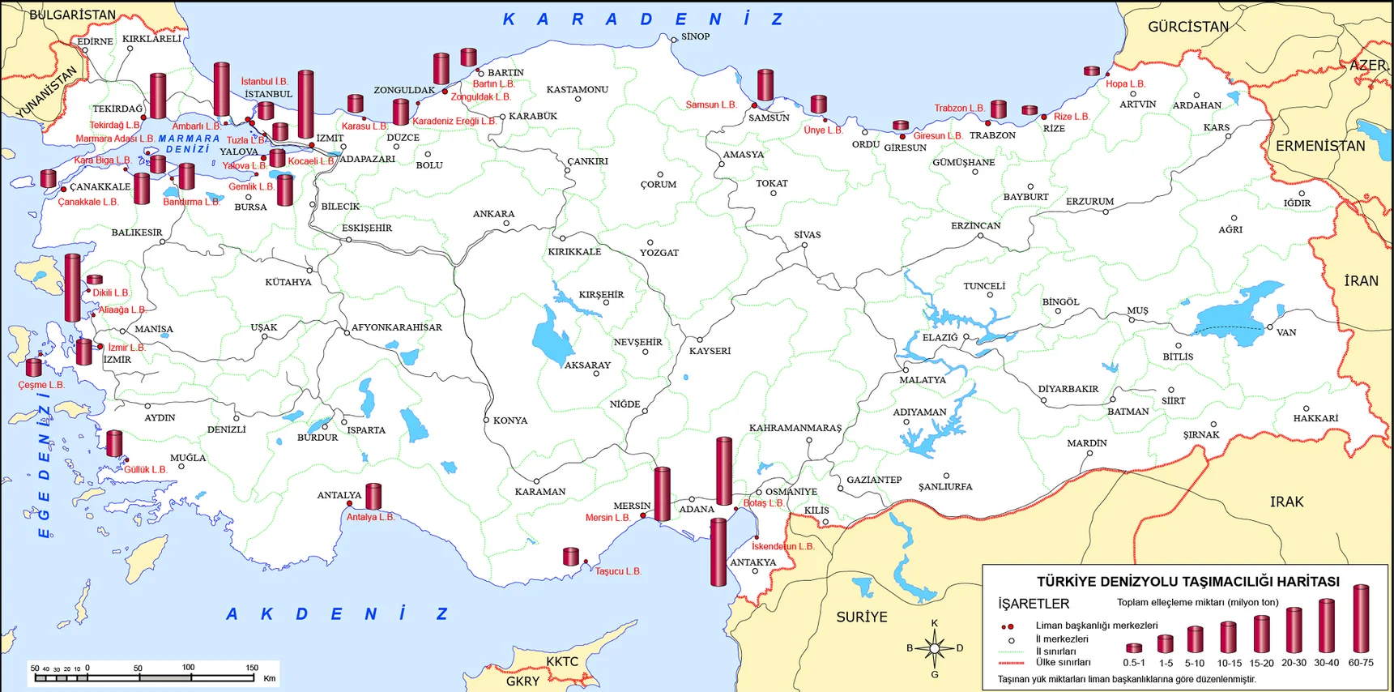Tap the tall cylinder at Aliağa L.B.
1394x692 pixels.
click(73, 288)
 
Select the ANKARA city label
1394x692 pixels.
click(493, 214)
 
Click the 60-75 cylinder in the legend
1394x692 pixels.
click(1361, 619)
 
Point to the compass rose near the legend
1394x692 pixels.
click(935, 648)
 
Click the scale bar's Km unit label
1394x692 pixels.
click(270, 678)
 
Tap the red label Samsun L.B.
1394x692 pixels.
click(710, 105)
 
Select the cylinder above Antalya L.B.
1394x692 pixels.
click(373, 496)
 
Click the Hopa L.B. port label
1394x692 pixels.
click(1125, 83)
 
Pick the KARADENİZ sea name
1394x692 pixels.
click(643, 19)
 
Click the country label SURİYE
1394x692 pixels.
click(861, 617)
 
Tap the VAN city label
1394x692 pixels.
click(1286, 332)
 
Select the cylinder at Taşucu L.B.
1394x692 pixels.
click(571, 556)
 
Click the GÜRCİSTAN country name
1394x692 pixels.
click(1187, 27)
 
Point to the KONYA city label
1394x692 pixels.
click(510, 421)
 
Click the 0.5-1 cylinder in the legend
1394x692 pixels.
click(1134, 647)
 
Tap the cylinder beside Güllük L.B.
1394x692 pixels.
click(114, 443)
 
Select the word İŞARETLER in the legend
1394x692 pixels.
click(1034, 604)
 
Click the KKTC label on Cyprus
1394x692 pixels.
click(562, 661)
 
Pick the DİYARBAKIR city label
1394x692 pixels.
click(1068, 389)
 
